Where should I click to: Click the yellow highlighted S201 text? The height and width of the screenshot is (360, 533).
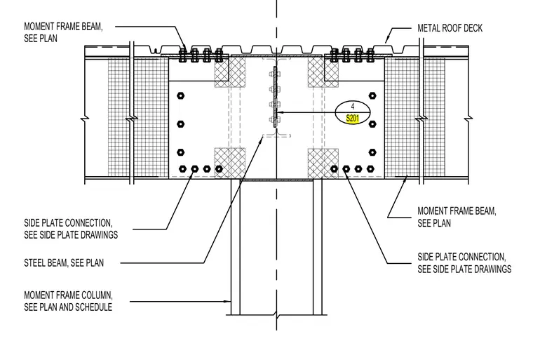click(x=353, y=119)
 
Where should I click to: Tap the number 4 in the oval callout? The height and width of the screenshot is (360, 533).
click(x=353, y=107)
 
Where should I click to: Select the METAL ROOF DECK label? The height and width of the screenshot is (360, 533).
click(x=450, y=28)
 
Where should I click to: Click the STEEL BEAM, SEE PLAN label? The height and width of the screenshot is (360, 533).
click(x=64, y=262)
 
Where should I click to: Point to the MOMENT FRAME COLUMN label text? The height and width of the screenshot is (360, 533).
click(x=68, y=295)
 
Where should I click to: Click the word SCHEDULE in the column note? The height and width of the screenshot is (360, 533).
click(x=93, y=307)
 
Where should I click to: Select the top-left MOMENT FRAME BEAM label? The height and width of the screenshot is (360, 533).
click(x=63, y=32)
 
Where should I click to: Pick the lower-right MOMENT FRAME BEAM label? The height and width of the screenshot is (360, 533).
click(x=457, y=217)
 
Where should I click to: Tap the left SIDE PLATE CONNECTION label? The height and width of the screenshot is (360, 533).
click(x=71, y=229)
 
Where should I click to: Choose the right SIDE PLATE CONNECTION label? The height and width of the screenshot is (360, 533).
click(x=464, y=262)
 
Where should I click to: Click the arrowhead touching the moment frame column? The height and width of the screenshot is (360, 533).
click(x=228, y=301)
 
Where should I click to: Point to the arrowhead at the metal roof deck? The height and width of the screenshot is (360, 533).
click(x=386, y=41)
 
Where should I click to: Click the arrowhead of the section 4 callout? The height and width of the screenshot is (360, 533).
click(x=278, y=112)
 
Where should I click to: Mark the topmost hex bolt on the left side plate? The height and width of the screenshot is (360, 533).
click(x=181, y=95)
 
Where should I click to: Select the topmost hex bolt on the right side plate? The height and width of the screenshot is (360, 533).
click(x=372, y=95)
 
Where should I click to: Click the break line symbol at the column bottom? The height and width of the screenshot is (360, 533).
click(x=277, y=315)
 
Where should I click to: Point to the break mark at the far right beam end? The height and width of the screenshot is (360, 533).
click(x=468, y=119)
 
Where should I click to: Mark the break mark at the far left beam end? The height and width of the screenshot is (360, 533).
click(x=85, y=119)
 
